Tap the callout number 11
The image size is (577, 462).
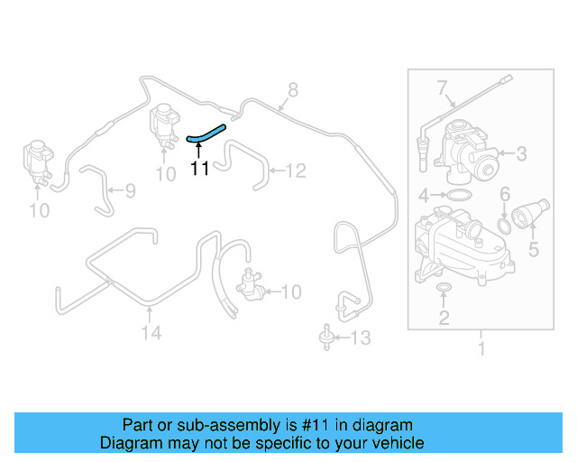click(199, 167)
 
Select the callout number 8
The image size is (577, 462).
click(292, 89)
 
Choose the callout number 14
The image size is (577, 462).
click(151, 333)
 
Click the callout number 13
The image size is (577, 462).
click(360, 338)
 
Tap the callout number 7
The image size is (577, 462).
click(442, 88)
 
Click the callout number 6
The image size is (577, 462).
click(505, 194)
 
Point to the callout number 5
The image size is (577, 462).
click(534, 247)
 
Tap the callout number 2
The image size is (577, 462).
click(444, 317)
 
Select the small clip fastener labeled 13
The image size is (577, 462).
click(323, 339)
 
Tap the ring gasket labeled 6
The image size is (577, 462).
click(506, 222)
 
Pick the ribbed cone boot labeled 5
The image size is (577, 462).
click(529, 217)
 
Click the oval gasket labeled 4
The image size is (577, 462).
click(458, 195)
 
